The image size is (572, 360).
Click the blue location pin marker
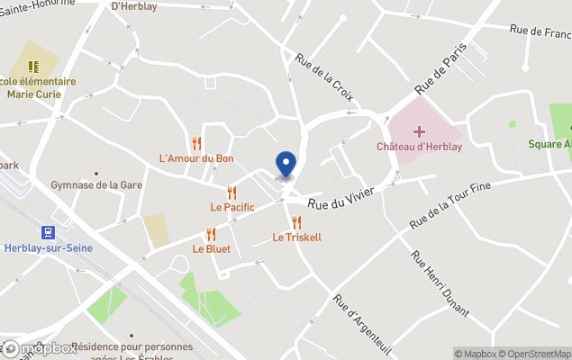[x=286, y=165]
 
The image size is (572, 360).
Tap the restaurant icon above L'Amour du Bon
[x=196, y=143]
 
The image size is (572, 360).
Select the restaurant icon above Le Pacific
[x=232, y=192]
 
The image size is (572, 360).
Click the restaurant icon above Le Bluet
[x=211, y=234]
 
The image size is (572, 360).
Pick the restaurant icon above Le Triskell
[x=296, y=222]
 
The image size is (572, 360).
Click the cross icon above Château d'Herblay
[x=419, y=131]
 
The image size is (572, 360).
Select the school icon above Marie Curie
[x=34, y=67]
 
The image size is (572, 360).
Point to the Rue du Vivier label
[x=340, y=198]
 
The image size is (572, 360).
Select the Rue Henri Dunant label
[x=440, y=283]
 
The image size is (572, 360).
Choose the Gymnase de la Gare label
[x=96, y=185]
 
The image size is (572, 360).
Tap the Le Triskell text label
[x=296, y=238]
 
